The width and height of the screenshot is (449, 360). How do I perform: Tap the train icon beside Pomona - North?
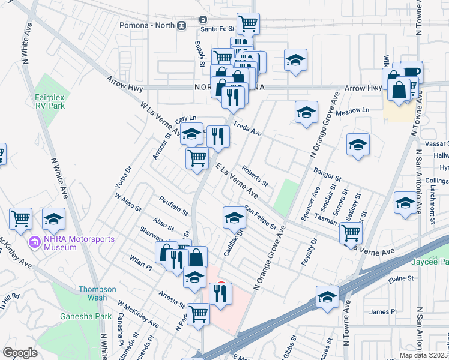[181, 26]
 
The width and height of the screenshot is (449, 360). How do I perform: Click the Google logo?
[20, 353]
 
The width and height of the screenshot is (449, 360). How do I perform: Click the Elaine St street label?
[402, 278]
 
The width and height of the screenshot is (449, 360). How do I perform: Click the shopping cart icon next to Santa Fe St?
[248, 23]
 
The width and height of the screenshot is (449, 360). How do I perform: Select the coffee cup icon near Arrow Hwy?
[412, 71]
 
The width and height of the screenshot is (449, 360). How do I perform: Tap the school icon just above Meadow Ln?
[306, 112]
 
